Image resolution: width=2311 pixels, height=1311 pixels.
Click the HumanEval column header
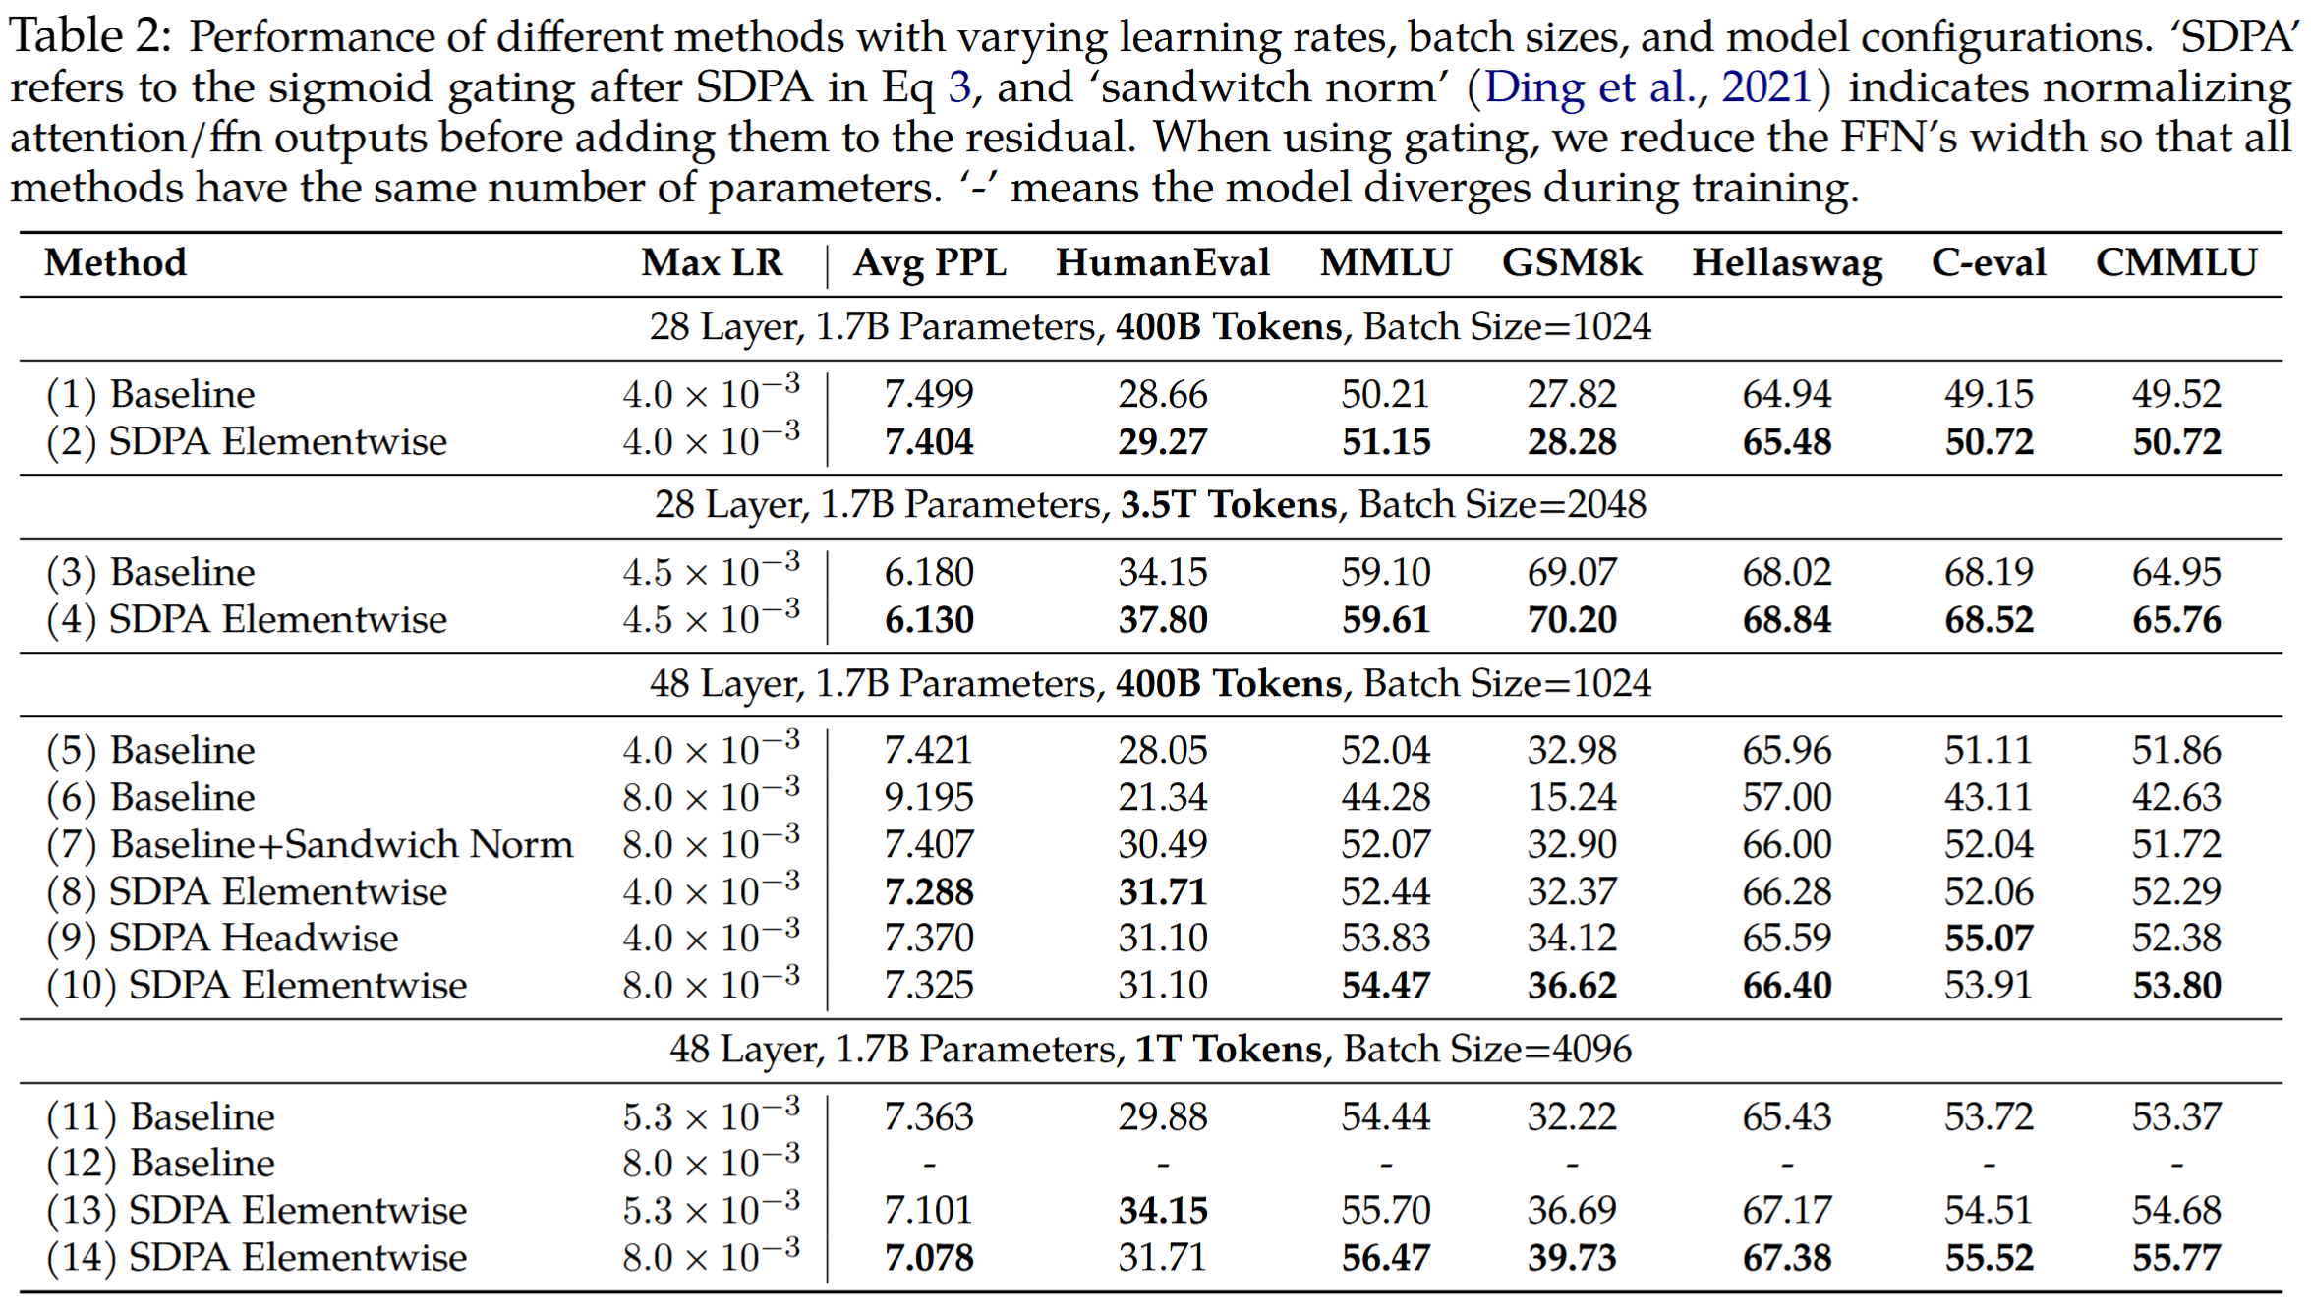[x=1162, y=263]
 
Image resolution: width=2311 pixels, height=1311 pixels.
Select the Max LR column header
[x=712, y=263]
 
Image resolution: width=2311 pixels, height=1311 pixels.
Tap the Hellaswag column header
[x=1786, y=263]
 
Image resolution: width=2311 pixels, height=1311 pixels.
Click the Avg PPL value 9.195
[x=928, y=797]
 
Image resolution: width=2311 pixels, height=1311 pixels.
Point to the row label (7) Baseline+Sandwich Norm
[x=310, y=844]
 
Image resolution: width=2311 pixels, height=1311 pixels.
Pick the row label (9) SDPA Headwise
[x=222, y=938]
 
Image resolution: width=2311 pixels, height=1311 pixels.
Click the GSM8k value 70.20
[x=1571, y=620]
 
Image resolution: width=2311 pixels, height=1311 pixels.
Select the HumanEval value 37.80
[x=1162, y=620]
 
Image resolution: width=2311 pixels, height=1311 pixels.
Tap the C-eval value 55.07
[x=1988, y=938]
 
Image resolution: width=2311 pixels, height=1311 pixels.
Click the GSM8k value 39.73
[x=1571, y=1258]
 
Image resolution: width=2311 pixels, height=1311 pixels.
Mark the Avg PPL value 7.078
[x=928, y=1258]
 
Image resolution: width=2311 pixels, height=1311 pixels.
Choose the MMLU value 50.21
[x=1385, y=394]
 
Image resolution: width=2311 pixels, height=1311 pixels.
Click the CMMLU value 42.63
[x=2175, y=797]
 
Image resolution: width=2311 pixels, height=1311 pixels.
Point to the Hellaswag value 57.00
[x=1786, y=797]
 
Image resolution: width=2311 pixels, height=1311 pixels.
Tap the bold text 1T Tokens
[x=1228, y=1050]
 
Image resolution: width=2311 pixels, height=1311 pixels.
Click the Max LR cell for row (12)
[x=711, y=1164]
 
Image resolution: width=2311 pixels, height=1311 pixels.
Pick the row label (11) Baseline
[x=160, y=1116]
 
